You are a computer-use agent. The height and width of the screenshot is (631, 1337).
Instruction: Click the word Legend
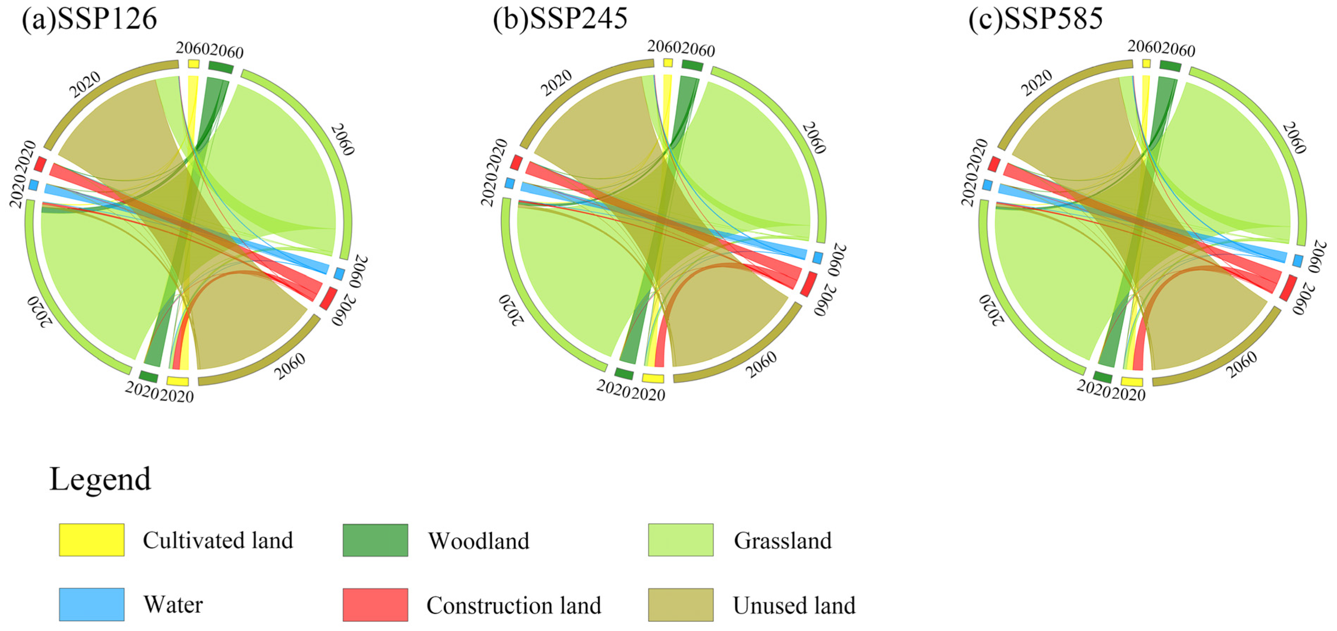click(100, 479)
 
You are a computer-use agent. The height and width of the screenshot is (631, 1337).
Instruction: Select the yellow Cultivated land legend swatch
click(91, 540)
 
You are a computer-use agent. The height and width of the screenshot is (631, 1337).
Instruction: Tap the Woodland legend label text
click(479, 541)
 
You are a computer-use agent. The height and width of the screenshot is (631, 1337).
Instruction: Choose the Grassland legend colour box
click(681, 540)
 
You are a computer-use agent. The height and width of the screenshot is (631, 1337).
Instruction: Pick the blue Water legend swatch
click(91, 605)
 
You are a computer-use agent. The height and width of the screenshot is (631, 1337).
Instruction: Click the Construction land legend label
click(514, 605)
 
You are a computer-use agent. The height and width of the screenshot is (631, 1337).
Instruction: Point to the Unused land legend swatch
click(681, 605)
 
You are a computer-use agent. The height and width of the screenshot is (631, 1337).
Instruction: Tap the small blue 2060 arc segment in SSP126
click(339, 273)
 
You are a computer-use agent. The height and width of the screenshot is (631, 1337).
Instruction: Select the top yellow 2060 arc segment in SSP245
click(668, 63)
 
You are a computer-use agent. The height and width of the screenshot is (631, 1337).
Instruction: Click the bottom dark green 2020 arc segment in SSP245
click(624, 373)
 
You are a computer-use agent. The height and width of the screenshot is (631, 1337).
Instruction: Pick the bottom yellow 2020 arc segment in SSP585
click(1131, 382)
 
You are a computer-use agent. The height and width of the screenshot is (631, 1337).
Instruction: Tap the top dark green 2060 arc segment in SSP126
click(221, 67)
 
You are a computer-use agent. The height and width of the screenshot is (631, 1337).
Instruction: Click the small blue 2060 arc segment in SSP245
click(818, 257)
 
